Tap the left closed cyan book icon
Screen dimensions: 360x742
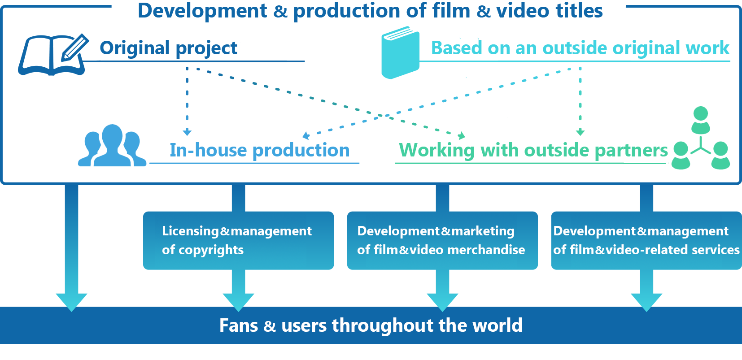(400, 52)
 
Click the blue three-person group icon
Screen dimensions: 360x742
(112, 146)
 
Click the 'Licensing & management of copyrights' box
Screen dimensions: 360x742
(238, 240)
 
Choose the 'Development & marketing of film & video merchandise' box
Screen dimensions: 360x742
(442, 240)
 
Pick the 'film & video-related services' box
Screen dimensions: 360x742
(646, 240)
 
